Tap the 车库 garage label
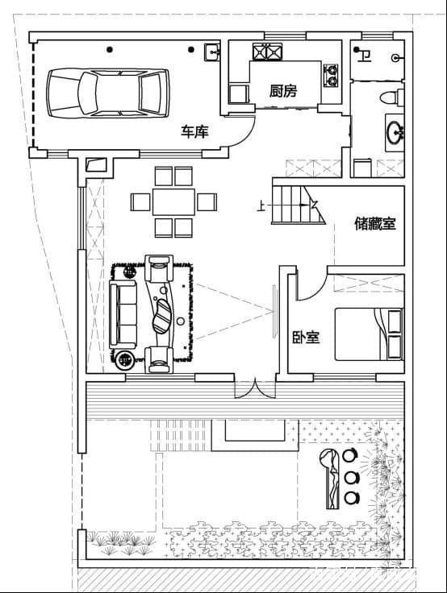point(194,131)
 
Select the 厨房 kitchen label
point(282,91)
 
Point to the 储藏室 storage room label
point(375,224)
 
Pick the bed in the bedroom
point(369,333)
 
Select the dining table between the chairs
point(174,201)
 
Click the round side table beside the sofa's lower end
point(127,359)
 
